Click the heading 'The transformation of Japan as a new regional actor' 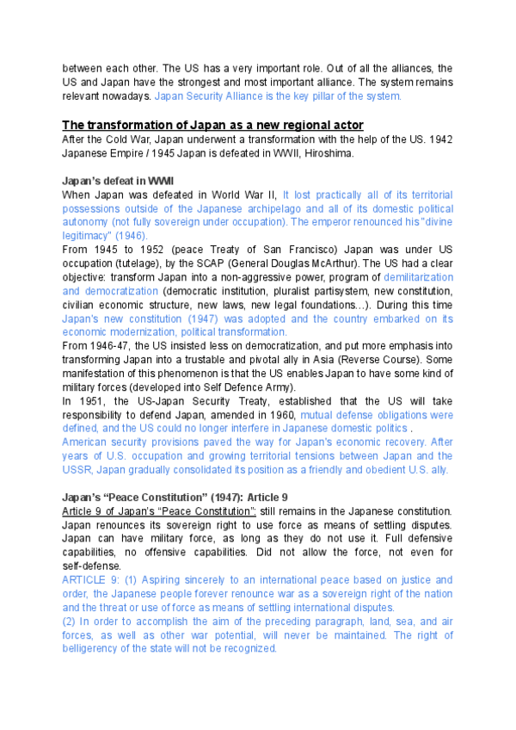coord(213,125)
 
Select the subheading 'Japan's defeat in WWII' coord(119,181)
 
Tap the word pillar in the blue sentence coord(329,96)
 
